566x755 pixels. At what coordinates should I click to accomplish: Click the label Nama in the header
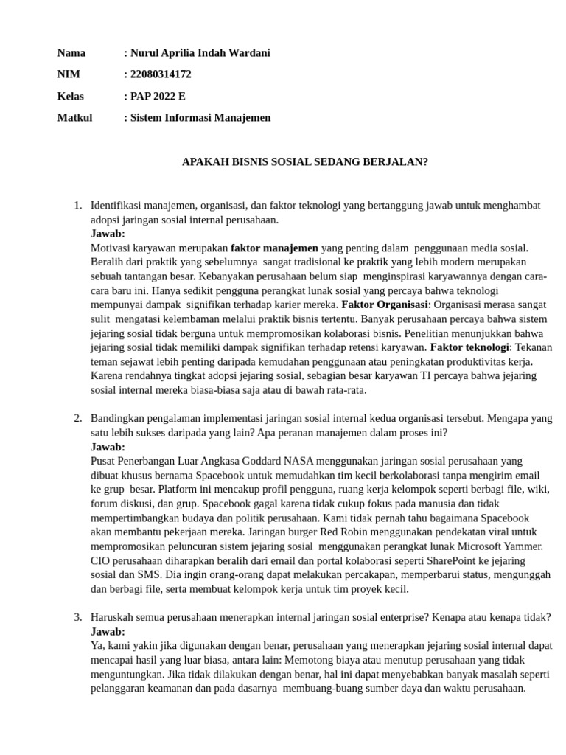[x=71, y=52]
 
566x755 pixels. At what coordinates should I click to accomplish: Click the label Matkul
[x=74, y=117]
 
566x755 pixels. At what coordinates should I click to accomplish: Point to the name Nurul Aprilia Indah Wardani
[x=200, y=52]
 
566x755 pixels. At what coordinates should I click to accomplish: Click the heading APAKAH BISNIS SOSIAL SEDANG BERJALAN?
[x=304, y=161]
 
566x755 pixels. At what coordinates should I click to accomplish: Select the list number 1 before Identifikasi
[x=77, y=206]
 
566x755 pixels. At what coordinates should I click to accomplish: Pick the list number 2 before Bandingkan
[x=77, y=419]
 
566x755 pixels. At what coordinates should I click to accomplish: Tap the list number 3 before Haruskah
[x=77, y=617]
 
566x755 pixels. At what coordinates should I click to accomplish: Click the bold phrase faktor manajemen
[x=274, y=248]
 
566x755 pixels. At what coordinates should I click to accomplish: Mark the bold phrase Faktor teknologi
[x=469, y=347]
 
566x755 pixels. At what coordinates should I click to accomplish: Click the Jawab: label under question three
[x=108, y=632]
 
